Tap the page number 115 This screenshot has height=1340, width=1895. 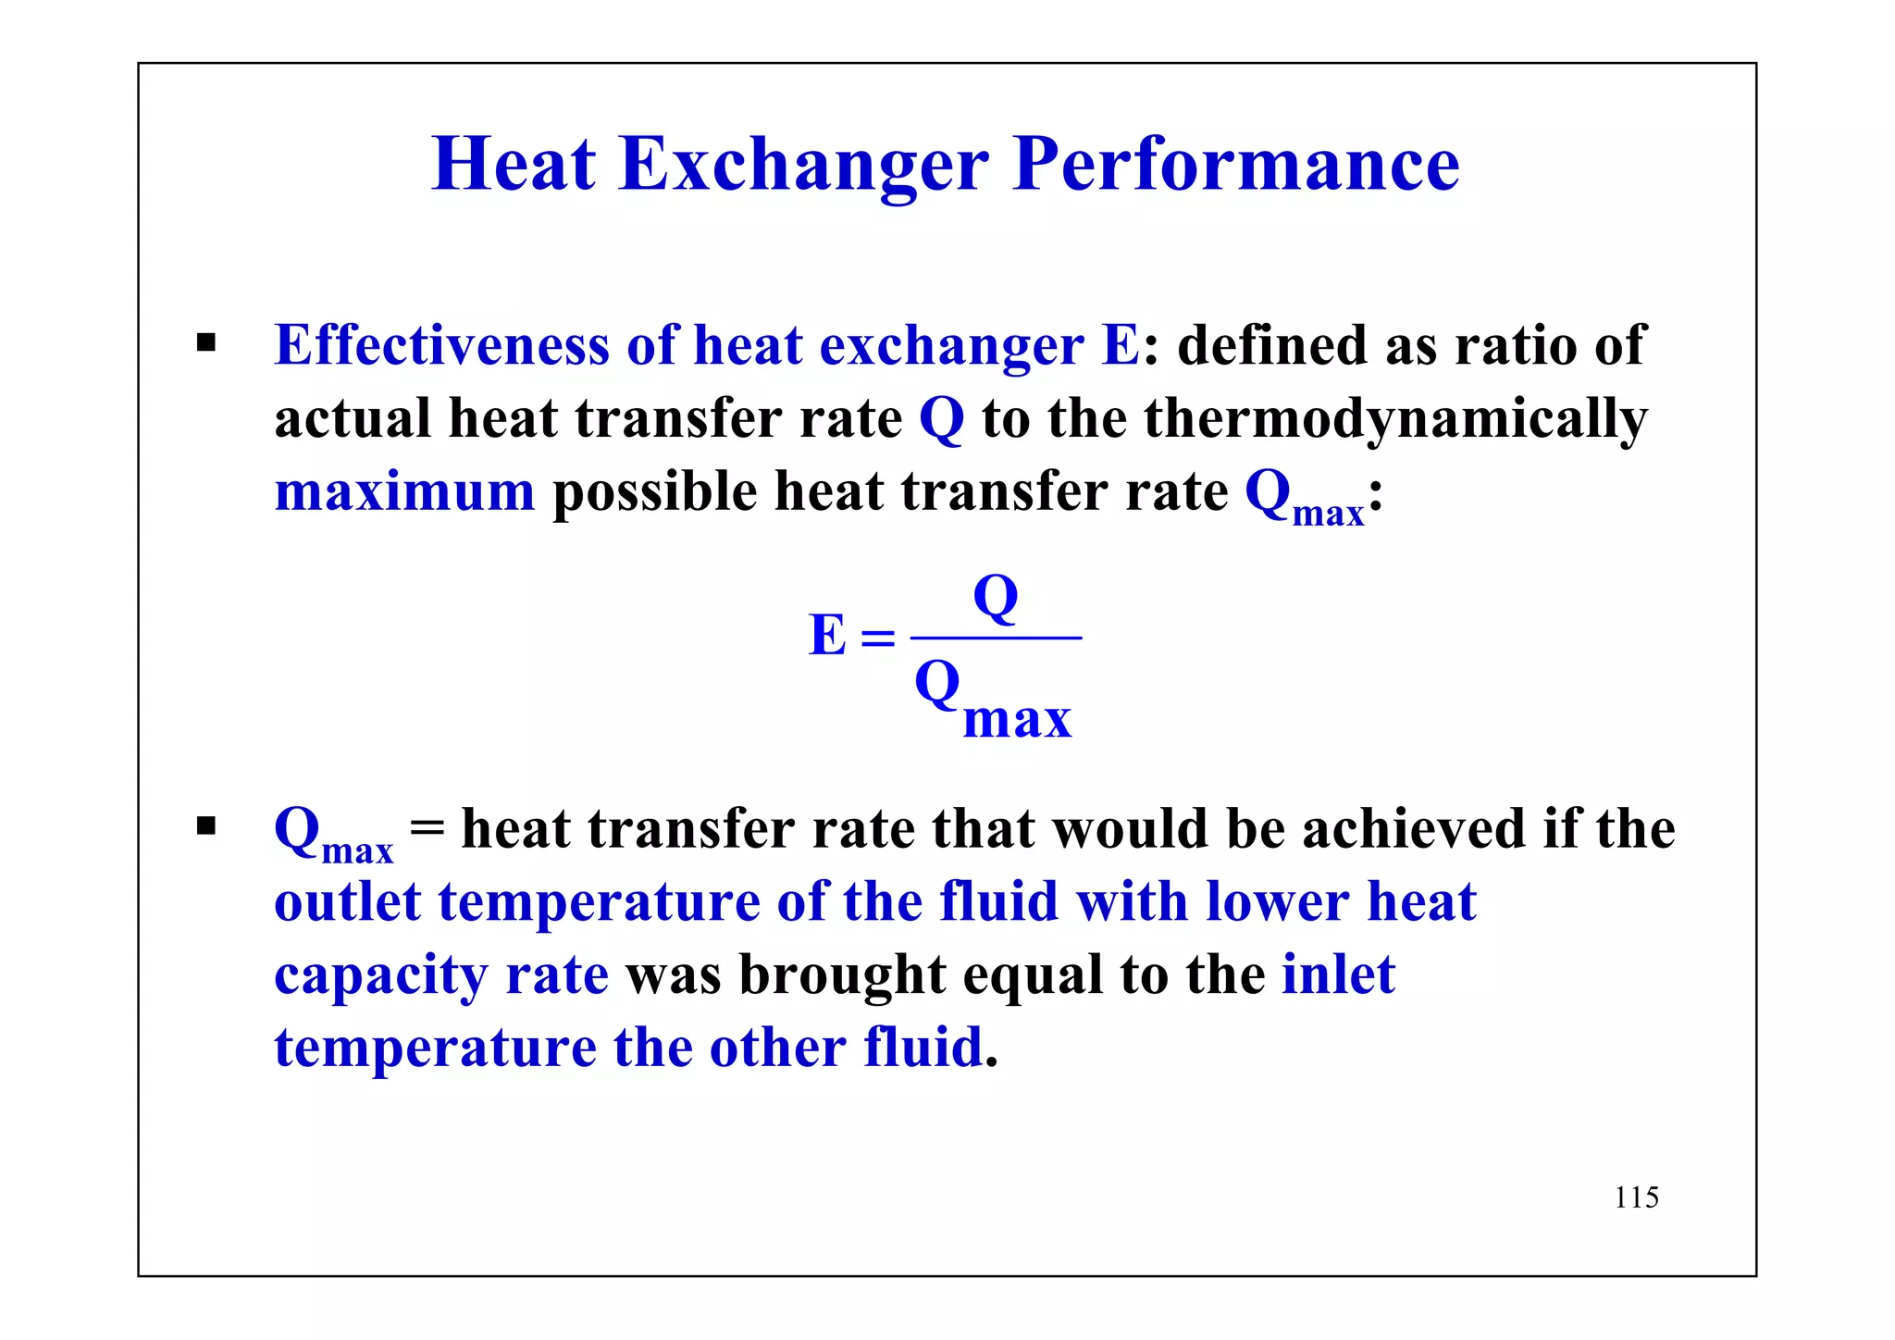coord(1636,1197)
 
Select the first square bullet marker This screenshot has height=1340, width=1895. coord(205,344)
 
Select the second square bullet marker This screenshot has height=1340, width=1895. coord(205,825)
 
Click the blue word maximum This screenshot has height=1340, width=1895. coord(404,491)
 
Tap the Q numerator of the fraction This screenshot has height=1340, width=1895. coord(996,599)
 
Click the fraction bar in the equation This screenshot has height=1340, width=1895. coord(996,638)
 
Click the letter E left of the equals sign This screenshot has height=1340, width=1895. coord(826,637)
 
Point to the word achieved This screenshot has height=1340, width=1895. coord(1413,828)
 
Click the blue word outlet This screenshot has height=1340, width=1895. coord(347,902)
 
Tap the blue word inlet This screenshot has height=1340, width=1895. coord(1338,975)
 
